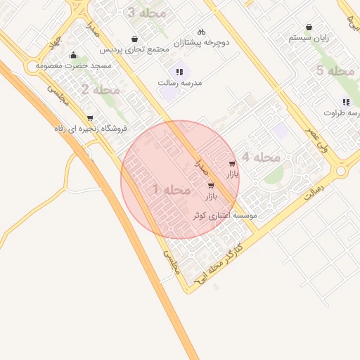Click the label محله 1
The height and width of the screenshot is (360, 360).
pos(172,190)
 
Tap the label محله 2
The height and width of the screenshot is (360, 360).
pos(100,89)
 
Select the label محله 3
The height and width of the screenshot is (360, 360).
pos(148,13)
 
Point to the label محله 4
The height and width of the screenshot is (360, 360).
pos(261,157)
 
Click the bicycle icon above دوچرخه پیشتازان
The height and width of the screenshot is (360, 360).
pos(201,32)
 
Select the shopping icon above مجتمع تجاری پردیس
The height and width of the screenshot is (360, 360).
pos(134,39)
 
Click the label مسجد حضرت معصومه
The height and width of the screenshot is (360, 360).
pos(74,65)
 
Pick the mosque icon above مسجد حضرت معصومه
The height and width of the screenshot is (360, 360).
pos(73,56)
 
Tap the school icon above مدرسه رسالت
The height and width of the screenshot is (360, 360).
pos(179,72)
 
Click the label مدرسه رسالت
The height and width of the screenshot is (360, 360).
pos(180,82)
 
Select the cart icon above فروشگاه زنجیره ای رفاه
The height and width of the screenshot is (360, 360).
pos(89,118)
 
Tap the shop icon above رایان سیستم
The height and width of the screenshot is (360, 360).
pos(309,27)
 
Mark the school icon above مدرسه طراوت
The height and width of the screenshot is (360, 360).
pos(346,102)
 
